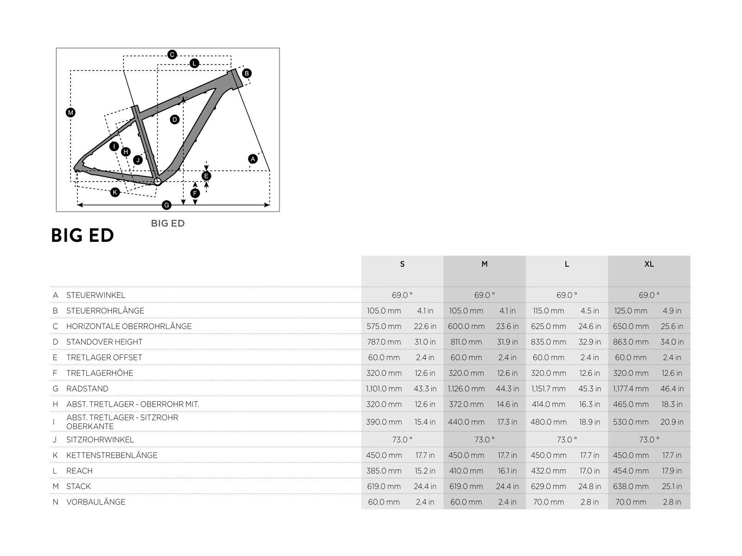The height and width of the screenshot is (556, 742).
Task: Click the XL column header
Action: [649, 264]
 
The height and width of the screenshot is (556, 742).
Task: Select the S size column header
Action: [402, 264]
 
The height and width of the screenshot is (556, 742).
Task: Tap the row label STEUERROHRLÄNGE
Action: [105, 311]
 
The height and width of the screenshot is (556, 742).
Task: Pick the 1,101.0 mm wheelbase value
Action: [384, 389]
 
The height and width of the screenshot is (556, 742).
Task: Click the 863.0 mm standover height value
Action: [631, 342]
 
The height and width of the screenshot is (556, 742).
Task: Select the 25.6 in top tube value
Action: [672, 326]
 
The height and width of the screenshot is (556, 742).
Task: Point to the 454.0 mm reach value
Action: [631, 471]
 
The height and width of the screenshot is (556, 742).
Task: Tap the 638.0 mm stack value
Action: [631, 486]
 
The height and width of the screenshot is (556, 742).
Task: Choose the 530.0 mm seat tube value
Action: [631, 422]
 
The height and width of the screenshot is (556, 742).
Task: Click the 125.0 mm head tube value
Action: [631, 311]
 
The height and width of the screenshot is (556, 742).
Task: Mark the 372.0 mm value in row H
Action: [466, 404]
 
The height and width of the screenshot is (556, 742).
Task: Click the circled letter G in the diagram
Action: [166, 205]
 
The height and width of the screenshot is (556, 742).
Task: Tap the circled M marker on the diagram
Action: [70, 113]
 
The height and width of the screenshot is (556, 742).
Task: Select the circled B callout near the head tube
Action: [247, 73]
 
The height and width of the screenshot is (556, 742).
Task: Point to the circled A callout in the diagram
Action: [253, 159]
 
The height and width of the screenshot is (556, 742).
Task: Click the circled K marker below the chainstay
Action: [115, 192]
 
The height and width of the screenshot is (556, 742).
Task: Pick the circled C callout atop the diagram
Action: [172, 55]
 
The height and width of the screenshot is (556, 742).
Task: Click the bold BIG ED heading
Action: [83, 235]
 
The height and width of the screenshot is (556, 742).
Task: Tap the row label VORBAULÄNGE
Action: [96, 502]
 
